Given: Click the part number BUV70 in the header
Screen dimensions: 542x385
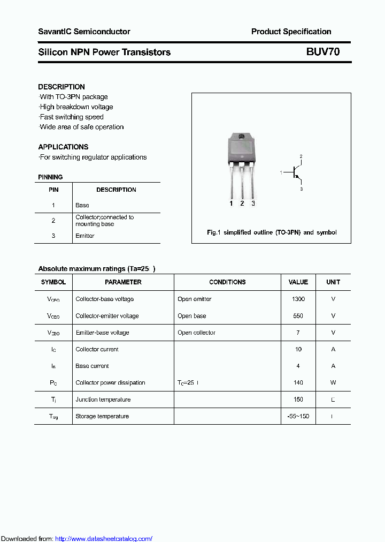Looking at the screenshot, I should pyautogui.click(x=322, y=52).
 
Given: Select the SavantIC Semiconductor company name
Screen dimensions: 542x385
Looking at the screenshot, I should pyautogui.click(x=84, y=32).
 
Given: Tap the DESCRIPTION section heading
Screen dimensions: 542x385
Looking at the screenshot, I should pyautogui.click(x=61, y=87).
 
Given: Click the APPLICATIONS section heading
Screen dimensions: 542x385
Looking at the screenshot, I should pyautogui.click(x=63, y=147).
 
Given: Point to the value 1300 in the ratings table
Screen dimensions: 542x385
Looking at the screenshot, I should pyautogui.click(x=298, y=299).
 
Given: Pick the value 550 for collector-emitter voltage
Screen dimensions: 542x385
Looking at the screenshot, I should pyautogui.click(x=298, y=316).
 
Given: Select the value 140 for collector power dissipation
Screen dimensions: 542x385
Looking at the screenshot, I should pyautogui.click(x=298, y=383).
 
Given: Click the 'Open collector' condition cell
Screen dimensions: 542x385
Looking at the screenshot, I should pyautogui.click(x=196, y=333).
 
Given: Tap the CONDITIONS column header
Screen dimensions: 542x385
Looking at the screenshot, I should pyautogui.click(x=227, y=282).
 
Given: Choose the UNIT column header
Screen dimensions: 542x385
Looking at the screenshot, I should pyautogui.click(x=333, y=282).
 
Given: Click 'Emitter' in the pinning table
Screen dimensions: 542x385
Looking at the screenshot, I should pyautogui.click(x=85, y=236).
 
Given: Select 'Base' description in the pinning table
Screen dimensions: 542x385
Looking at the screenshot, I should pyautogui.click(x=82, y=205).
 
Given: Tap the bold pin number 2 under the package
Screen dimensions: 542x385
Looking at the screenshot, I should pyautogui.click(x=242, y=204).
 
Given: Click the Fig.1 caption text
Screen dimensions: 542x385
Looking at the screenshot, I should pyautogui.click(x=272, y=232).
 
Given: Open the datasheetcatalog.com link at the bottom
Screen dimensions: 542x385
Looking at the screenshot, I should pyautogui.click(x=104, y=538).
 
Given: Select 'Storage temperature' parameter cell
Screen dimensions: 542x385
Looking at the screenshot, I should pyautogui.click(x=102, y=417).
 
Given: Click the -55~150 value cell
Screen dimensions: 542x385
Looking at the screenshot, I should pyautogui.click(x=298, y=417).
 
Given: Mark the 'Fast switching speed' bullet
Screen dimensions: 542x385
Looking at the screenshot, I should pyautogui.click(x=72, y=117).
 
